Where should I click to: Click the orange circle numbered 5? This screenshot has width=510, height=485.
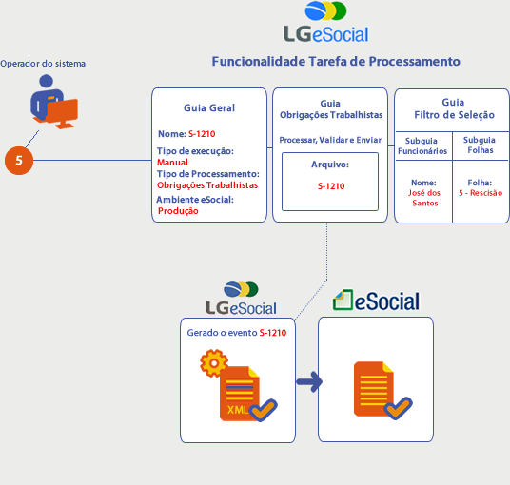coord(19,161)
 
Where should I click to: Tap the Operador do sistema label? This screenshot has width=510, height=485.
coord(43,64)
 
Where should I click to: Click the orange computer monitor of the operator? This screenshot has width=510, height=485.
coord(63,112)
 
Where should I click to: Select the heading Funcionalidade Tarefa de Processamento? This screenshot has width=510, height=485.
coord(336,62)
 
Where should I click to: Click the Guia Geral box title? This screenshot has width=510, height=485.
coord(209,107)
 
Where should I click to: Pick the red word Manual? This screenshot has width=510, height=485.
coord(172,163)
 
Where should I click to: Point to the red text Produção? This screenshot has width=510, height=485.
coord(178,211)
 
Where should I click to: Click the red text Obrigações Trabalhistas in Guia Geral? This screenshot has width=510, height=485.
coord(207,185)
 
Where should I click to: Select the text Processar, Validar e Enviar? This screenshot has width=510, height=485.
coord(330,140)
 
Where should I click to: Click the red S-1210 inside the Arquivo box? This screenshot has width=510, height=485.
coord(331,186)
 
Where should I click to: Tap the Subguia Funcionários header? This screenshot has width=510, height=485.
coord(422,145)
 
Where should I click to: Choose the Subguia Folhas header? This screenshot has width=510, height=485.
coord(480,145)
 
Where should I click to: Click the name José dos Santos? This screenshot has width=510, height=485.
coord(424,198)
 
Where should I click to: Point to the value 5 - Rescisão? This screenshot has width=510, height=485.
coord(481,193)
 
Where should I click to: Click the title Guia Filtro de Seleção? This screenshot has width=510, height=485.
coord(454,108)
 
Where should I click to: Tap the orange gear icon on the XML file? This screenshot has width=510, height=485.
coord(213,363)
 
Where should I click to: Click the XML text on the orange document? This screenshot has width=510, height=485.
coord(238,410)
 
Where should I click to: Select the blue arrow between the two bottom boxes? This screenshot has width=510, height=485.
coord(309,381)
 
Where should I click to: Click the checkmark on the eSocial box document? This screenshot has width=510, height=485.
coord(398,408)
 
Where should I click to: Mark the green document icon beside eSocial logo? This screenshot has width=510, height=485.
coord(343,300)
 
